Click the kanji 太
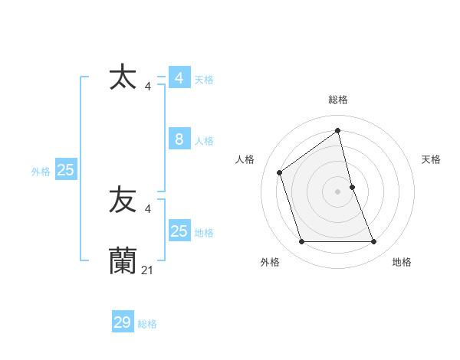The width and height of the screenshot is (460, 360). coord(123,78)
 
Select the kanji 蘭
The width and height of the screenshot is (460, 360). coord(123,260)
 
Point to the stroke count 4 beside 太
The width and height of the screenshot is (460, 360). coord(148,87)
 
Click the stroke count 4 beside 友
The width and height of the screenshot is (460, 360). coord(148,208)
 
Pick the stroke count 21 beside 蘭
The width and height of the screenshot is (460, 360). coord(148,270)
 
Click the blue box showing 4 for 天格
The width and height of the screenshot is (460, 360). coord(179,78)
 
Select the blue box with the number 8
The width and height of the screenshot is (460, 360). coord(179,139)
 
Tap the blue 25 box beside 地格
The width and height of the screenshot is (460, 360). coord(179,231)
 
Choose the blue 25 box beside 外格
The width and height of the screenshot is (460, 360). coord(65,170)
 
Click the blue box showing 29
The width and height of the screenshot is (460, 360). coord(123,322)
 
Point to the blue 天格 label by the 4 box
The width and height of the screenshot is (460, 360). coord(204,80)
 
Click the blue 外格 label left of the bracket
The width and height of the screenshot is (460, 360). coord(41,172)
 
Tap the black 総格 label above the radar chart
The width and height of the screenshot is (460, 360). coord(338,100)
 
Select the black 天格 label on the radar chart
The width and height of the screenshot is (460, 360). coord(431,159)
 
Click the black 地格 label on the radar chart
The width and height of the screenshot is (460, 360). coord(402,262)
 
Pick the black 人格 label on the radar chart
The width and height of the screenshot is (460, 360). coord(245,159)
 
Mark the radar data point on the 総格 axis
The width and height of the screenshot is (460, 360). coord(338,129)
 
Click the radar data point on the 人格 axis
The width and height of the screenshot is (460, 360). coord(280,172)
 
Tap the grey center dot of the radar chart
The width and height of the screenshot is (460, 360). coord(338,191)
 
